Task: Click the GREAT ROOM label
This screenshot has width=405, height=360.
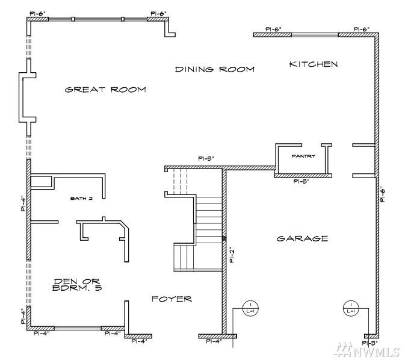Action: tap(105, 90)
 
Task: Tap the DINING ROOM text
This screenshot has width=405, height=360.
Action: tap(214, 69)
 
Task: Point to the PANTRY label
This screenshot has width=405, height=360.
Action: tap(303, 156)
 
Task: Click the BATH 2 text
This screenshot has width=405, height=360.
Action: tap(81, 198)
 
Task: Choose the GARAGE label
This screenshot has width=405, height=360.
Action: tap(302, 238)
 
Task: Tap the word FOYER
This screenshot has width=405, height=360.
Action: tap(172, 299)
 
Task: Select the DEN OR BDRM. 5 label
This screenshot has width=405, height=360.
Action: tap(76, 285)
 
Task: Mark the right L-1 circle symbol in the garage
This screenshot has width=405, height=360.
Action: tap(350, 308)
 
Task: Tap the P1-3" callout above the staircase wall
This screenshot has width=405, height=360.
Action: tap(206, 159)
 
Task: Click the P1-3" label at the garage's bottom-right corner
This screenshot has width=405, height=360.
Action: tap(372, 343)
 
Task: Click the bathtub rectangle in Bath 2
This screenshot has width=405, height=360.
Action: tap(41, 182)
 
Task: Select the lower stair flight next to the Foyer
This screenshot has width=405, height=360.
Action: tap(184, 257)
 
